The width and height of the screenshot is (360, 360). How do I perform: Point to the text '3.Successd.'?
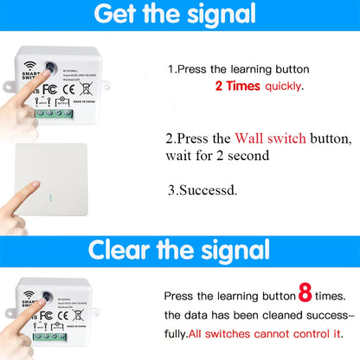tap(203, 188)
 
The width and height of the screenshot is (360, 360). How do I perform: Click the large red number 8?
tap(305, 293)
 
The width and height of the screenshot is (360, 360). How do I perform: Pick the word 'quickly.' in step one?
tap(286, 87)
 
